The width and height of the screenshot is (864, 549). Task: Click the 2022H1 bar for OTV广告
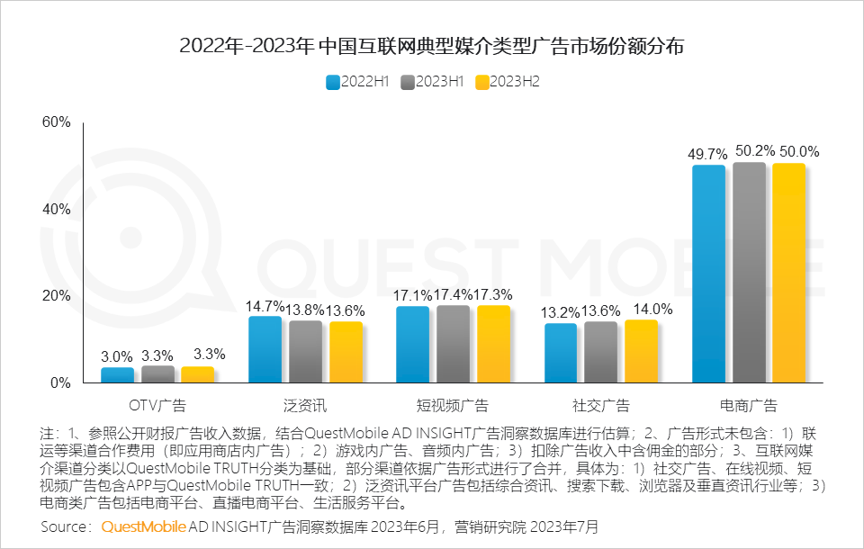click(x=117, y=374)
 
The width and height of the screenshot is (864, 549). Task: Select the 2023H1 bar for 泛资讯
click(x=305, y=352)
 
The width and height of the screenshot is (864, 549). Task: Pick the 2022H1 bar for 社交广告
click(x=561, y=353)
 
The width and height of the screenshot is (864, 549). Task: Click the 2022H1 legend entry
click(x=357, y=82)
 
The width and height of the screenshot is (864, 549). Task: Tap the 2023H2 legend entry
click(x=507, y=82)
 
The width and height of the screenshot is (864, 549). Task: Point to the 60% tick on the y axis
click(x=56, y=122)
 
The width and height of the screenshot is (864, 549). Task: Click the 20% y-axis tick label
click(x=56, y=296)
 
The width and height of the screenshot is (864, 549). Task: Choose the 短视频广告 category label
click(x=454, y=405)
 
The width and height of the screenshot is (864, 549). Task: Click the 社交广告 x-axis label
click(x=601, y=405)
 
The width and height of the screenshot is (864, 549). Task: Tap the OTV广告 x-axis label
click(x=157, y=405)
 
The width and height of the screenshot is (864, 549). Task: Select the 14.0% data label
click(x=653, y=309)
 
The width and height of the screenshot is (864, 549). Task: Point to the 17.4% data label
click(x=454, y=294)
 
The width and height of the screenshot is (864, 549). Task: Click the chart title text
click(x=432, y=46)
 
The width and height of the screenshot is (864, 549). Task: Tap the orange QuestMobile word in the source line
click(x=144, y=526)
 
